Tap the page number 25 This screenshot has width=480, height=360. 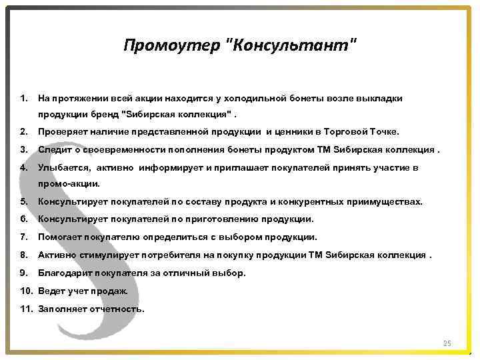coord(447,343)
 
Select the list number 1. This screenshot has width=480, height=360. coord(24,98)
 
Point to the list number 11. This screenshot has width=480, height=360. coord(27,309)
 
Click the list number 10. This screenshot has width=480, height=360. coord(27,291)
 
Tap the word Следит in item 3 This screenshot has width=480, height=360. coord(53,149)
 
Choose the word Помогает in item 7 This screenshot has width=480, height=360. coord(59,237)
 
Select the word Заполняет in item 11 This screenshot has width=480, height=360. coord(61,309)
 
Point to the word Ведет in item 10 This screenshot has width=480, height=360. coord(52,291)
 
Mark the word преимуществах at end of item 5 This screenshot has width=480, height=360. coord(387,201)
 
